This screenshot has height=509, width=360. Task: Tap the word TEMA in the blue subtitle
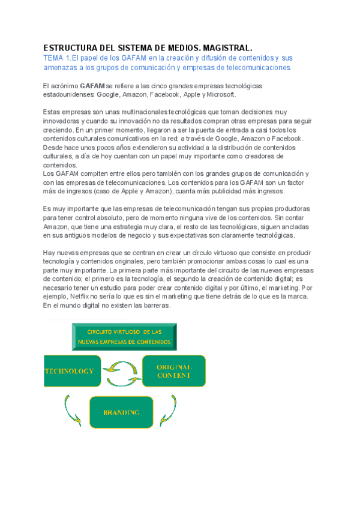[x=55, y=58]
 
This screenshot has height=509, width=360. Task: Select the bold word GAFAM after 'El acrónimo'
[x=92, y=86]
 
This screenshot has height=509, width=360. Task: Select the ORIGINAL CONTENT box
[x=173, y=371]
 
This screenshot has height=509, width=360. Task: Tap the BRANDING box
[x=121, y=412]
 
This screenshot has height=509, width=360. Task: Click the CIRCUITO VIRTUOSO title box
[x=124, y=336]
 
